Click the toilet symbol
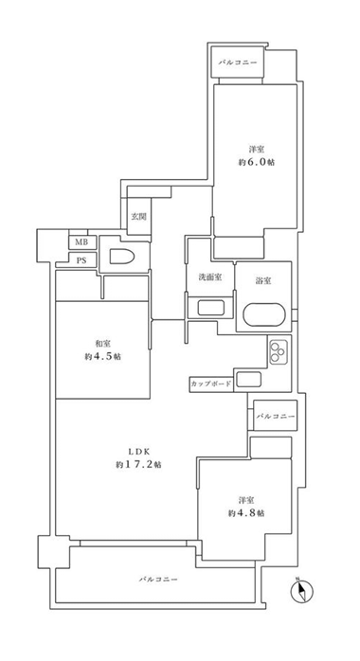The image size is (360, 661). (122, 257)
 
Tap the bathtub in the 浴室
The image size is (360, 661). (264, 314)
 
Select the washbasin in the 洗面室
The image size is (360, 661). (211, 308)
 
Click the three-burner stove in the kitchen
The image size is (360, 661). (278, 352)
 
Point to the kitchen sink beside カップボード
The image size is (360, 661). (249, 380)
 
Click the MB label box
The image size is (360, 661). (81, 242)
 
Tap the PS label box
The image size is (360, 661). (81, 260)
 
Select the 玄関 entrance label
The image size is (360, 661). (138, 217)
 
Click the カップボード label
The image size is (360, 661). (211, 384)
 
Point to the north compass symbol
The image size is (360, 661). (302, 591)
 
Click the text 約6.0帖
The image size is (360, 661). (257, 162)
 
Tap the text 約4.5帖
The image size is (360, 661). (103, 356)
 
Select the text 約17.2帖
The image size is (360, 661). (139, 465)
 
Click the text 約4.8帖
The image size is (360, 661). (246, 513)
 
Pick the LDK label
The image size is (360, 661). (139, 451)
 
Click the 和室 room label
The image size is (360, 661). (103, 343)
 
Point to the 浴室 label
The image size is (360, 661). (263, 280)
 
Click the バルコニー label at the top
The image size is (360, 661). (238, 63)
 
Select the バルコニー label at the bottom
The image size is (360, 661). (158, 580)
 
